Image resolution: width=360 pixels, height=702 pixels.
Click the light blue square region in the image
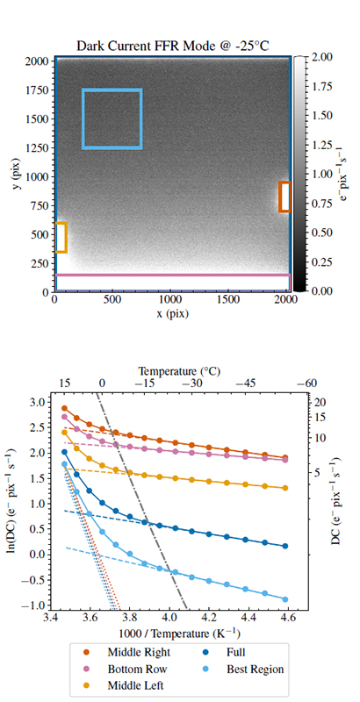112,118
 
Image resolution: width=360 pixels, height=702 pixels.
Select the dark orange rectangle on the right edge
284,197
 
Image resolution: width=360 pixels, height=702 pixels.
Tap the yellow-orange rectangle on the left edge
61,238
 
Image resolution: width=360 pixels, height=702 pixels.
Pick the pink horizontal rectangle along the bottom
172,280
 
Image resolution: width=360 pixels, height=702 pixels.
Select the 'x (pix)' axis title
172,312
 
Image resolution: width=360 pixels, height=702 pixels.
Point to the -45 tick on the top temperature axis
240,383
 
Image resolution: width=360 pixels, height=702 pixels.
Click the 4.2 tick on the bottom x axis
209,619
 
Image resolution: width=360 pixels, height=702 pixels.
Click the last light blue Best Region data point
285,599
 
